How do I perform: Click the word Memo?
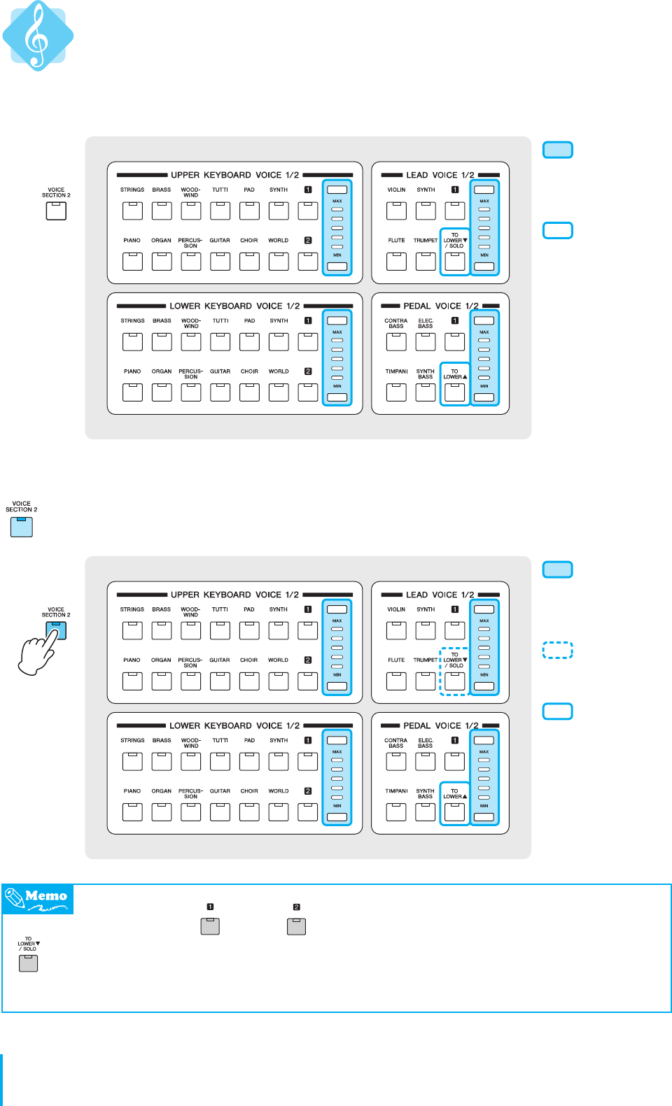pyautogui.click(x=46, y=896)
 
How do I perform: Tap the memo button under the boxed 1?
pyautogui.click(x=210, y=926)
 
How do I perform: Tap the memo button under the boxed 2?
pyautogui.click(x=296, y=926)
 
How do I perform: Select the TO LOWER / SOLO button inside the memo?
pyautogui.click(x=29, y=963)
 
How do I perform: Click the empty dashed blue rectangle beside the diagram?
pyautogui.click(x=558, y=650)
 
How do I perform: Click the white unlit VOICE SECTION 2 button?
pyautogui.click(x=56, y=211)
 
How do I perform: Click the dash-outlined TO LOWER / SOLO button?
pyautogui.click(x=454, y=681)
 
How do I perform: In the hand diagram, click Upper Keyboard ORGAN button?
pyautogui.click(x=161, y=681)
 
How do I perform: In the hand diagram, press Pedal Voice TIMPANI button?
pyautogui.click(x=396, y=811)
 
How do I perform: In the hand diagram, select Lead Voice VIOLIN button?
pyautogui.click(x=396, y=630)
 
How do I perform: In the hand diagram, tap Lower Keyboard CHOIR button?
pyautogui.click(x=249, y=811)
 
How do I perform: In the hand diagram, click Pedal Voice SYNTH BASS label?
pyautogui.click(x=425, y=793)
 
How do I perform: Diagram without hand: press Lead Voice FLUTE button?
pyautogui.click(x=396, y=261)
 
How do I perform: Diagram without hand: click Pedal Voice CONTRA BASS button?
pyautogui.click(x=396, y=341)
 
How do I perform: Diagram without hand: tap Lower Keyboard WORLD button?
pyautogui.click(x=279, y=392)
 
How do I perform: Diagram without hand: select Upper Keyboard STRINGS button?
pyautogui.click(x=132, y=210)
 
